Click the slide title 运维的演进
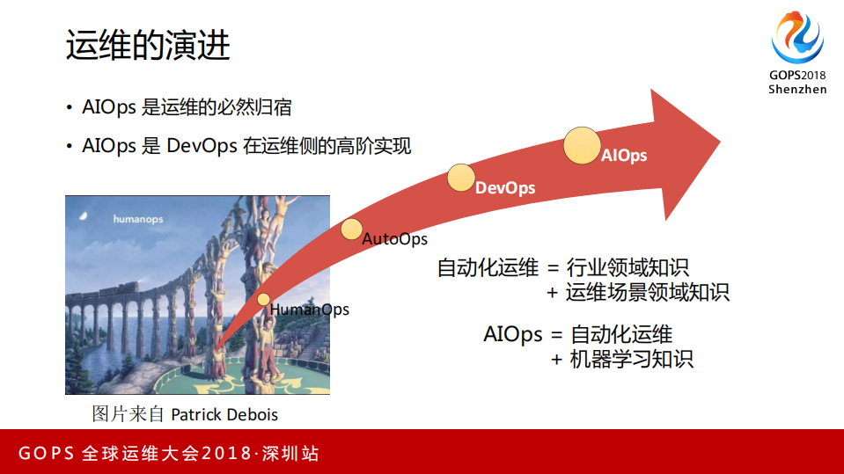147,45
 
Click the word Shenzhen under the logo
797,90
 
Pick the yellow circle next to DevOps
460,178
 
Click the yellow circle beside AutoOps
351,230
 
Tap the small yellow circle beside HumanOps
263,300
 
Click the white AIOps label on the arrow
624,156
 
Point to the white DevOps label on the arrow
505,187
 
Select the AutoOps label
395,239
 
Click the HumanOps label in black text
309,310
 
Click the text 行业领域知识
627,267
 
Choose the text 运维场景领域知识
648,292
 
